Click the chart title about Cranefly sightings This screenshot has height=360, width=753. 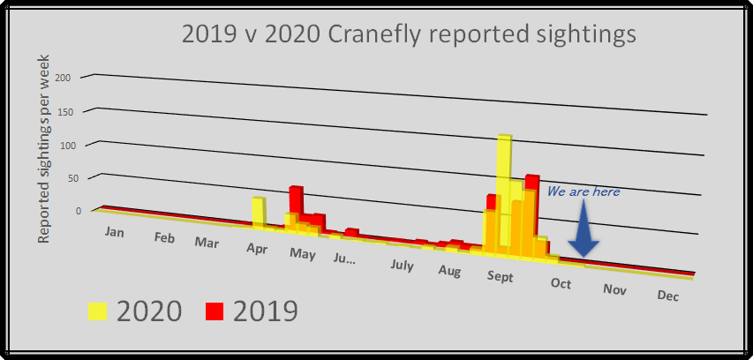pyautogui.click(x=409, y=34)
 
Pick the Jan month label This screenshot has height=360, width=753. pyautogui.click(x=114, y=231)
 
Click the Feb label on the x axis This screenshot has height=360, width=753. pyautogui.click(x=163, y=237)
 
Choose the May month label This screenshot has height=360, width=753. pyautogui.click(x=303, y=255)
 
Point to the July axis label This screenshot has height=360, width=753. pyautogui.click(x=402, y=265)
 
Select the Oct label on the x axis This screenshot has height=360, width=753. pyautogui.click(x=561, y=282)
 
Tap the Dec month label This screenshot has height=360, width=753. pyautogui.click(x=668, y=296)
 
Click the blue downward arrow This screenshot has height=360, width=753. pyautogui.click(x=583, y=231)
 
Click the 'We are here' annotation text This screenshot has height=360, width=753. pyautogui.click(x=583, y=191)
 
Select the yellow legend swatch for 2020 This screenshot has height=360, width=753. pyautogui.click(x=97, y=311)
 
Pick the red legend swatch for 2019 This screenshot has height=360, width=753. pyautogui.click(x=215, y=311)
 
